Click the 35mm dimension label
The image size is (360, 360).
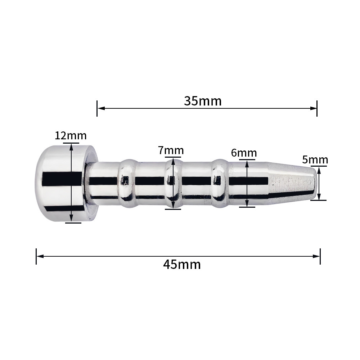tap(203, 101)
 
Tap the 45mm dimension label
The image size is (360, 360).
tap(182, 265)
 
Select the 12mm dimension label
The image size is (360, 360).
tap(71, 136)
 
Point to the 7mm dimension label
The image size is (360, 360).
tap(171, 150)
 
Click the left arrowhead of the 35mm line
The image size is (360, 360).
tap(100, 108)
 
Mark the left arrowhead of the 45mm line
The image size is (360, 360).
tap(40, 256)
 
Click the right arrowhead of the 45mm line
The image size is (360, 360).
tap(317, 256)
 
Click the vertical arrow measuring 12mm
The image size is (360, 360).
tap(71, 183)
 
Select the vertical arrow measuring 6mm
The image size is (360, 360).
tap(247, 184)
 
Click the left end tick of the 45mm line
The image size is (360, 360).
tap(36, 256)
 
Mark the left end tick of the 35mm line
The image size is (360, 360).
tap(97, 108)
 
